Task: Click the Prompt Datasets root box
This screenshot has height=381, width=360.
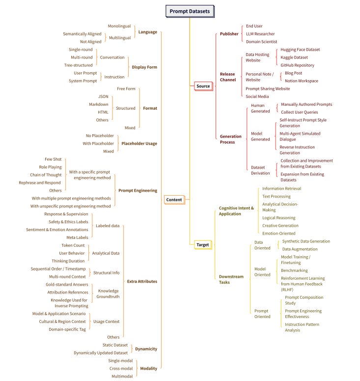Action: [x=189, y=11]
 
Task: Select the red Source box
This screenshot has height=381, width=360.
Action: [x=203, y=86]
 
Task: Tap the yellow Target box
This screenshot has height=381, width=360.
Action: [x=202, y=244]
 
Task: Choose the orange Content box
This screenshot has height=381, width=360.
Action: [x=174, y=200]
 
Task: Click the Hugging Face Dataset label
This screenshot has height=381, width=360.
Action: [x=300, y=50]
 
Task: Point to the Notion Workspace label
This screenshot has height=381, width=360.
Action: [x=301, y=81]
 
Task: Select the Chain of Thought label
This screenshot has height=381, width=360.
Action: [x=46, y=175]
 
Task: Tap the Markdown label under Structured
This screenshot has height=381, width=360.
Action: [x=99, y=104]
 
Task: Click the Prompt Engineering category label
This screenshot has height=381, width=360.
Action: [x=138, y=190]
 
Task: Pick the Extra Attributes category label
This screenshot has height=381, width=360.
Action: [x=142, y=282]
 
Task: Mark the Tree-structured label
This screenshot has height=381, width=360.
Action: [x=79, y=65]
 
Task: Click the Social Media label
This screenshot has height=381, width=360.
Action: [x=257, y=96]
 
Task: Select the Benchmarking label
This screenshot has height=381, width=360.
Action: [x=294, y=270]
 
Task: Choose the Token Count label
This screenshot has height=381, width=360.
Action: [x=73, y=245]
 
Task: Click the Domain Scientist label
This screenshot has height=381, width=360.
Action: [x=262, y=42]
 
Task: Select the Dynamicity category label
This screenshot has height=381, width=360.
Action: [x=146, y=349]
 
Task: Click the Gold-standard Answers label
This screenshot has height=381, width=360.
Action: [x=67, y=285]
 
